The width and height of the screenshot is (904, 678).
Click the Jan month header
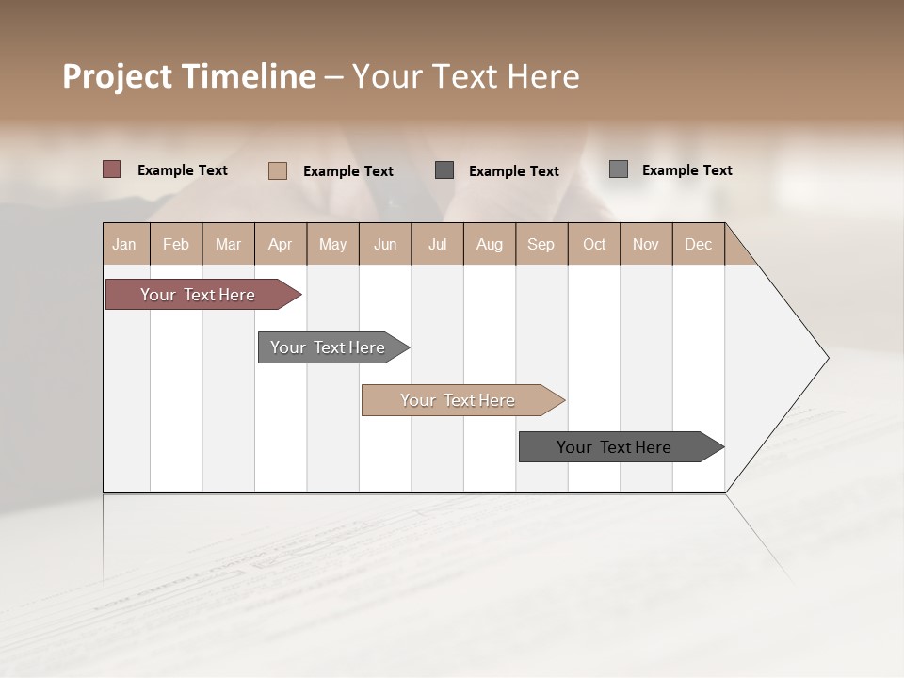point(124,244)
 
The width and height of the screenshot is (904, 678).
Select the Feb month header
point(176,244)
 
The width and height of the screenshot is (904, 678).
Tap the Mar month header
point(228,244)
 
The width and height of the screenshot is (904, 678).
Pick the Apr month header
point(280,244)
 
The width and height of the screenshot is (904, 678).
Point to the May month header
point(332,244)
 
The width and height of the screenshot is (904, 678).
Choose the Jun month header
point(385,244)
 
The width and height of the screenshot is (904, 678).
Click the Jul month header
point(437,244)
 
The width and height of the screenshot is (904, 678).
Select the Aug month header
point(490,244)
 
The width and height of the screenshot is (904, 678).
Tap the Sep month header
point(541,244)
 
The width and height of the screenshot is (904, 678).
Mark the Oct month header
point(594,244)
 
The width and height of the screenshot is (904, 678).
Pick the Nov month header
point(646,244)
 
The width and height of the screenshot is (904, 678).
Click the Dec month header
point(699,244)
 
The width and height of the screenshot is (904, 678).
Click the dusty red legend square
point(111,169)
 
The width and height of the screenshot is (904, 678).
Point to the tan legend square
point(277,170)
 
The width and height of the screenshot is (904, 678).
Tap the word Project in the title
point(116,76)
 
